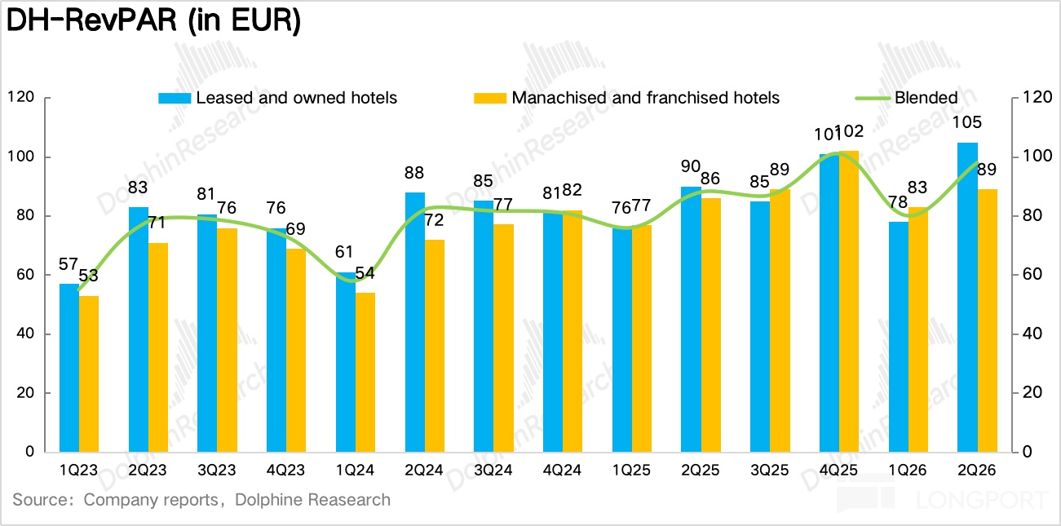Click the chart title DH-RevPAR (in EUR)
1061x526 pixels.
(x=153, y=21)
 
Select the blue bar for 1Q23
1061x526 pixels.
(x=69, y=368)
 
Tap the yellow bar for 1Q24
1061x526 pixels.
(x=365, y=372)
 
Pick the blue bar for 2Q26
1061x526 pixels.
(x=968, y=298)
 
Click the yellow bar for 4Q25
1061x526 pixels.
(x=849, y=302)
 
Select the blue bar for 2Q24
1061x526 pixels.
(x=415, y=322)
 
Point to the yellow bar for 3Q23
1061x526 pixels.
(x=228, y=340)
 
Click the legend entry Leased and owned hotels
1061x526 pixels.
(x=277, y=98)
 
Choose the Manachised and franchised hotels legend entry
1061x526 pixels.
(x=626, y=98)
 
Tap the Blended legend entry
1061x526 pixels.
(x=907, y=98)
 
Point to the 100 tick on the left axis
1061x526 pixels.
(x=21, y=157)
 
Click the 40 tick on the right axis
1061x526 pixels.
(x=1032, y=334)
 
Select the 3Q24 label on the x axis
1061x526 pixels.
(x=493, y=470)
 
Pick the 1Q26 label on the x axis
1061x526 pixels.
(x=908, y=470)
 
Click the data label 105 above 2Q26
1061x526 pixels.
(x=966, y=122)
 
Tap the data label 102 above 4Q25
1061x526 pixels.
(x=849, y=131)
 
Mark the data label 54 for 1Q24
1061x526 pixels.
(x=365, y=273)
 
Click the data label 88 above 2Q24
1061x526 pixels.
(x=414, y=173)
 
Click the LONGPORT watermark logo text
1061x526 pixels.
(x=981, y=500)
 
